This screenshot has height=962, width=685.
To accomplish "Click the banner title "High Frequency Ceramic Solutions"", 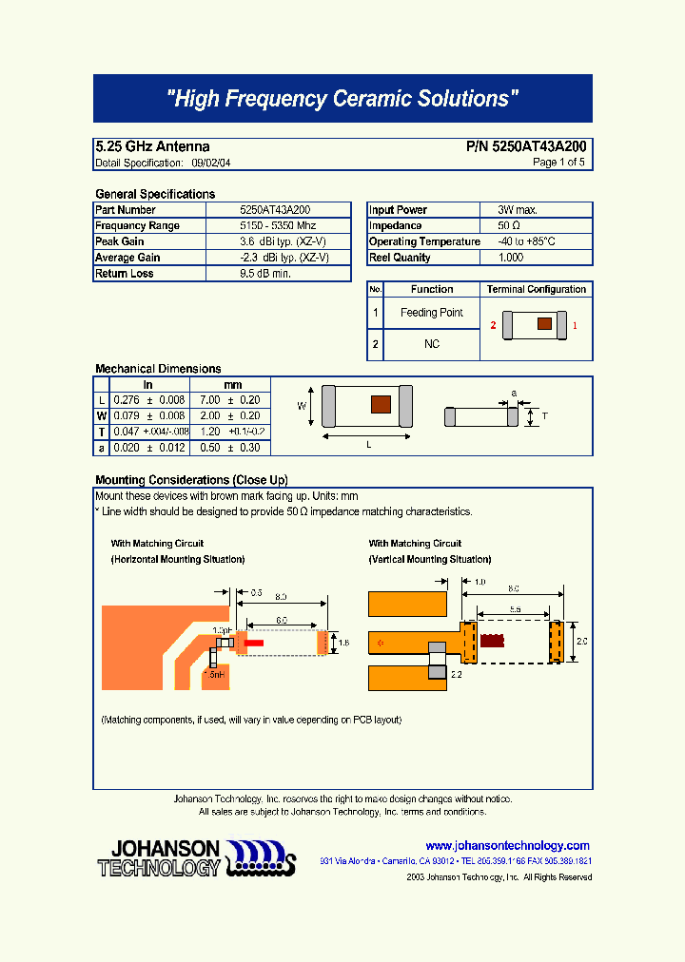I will tap(342, 99).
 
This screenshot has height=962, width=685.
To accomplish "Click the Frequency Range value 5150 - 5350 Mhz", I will tap(277, 226).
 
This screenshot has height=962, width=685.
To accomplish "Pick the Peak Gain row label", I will tap(120, 241).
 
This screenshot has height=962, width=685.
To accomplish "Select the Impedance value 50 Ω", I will tap(509, 226).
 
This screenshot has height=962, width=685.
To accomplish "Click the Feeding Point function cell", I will tap(432, 313).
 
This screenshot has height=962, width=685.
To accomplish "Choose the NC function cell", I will tap(432, 344).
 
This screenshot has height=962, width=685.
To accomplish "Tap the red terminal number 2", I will tap(493, 326).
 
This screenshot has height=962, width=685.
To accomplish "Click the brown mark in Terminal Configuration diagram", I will tap(544, 324).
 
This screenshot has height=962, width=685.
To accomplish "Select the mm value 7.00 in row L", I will tap(209, 400).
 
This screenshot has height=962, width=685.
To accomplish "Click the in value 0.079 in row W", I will tap(126, 415).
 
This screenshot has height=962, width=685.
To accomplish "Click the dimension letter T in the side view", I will tap(544, 415).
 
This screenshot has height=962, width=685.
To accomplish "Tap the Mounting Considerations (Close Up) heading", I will tap(191, 480).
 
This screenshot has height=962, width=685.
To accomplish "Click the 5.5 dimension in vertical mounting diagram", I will tap(514, 608).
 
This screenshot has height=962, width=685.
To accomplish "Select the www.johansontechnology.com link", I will tap(507, 845).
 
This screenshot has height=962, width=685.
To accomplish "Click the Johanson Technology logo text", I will tap(159, 857).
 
